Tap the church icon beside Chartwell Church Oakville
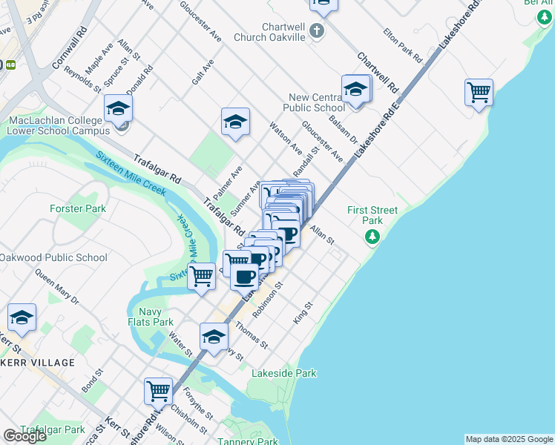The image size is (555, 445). pyautogui.click(x=317, y=31)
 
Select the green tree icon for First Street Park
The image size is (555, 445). pyautogui.click(x=372, y=237)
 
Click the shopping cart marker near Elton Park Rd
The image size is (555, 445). pyautogui.click(x=479, y=93)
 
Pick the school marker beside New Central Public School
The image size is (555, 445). pyautogui.click(x=355, y=90)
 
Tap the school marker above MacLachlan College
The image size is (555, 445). pyautogui.click(x=118, y=110)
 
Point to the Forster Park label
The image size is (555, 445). pyautogui.click(x=78, y=208)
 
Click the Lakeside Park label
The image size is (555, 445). pyautogui.click(x=284, y=373)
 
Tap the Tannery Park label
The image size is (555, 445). pyautogui.click(x=247, y=442)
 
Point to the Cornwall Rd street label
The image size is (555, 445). pyautogui.click(x=70, y=49)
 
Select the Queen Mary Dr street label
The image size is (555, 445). pyautogui.click(x=56, y=286)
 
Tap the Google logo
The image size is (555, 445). pyautogui.click(x=24, y=436)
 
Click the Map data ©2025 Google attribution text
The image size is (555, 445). pyautogui.click(x=508, y=439)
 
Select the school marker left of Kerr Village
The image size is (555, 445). pyautogui.click(x=22, y=318)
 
